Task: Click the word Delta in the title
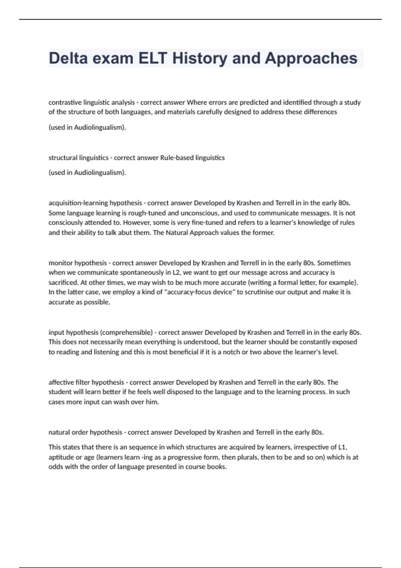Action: tap(68, 58)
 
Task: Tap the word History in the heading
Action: tap(199, 58)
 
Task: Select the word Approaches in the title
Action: tap(311, 58)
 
